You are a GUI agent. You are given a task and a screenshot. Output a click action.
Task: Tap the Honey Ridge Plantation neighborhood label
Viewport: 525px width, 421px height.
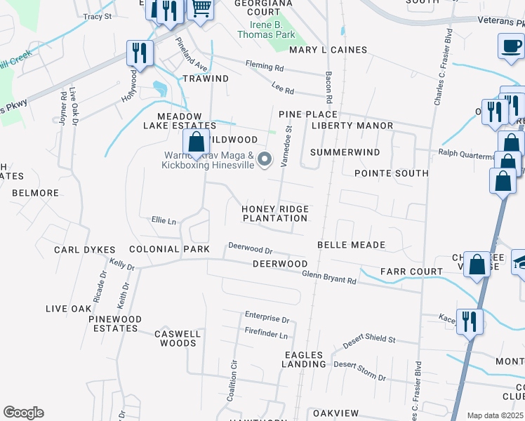coord(275,213)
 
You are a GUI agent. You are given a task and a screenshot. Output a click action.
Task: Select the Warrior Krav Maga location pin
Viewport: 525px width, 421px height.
coord(265,160)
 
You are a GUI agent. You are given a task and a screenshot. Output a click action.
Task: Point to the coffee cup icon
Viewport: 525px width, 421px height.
coord(510,47)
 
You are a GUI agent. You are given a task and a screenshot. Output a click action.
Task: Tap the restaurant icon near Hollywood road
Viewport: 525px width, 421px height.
coord(140,54)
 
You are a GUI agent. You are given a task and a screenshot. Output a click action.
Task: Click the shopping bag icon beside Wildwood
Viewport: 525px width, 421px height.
coord(197,142)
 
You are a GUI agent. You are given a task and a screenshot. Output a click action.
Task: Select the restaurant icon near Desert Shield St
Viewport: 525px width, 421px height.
coord(468,321)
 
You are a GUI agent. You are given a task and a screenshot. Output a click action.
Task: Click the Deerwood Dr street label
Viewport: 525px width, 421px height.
coord(250,247)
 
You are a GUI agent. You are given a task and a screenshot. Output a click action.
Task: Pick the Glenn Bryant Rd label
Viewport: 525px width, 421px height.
coord(329,277)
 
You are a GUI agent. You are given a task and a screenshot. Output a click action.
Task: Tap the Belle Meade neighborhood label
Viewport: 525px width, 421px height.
coord(351,245)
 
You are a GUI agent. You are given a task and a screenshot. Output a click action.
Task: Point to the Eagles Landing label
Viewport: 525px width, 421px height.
coord(304,359)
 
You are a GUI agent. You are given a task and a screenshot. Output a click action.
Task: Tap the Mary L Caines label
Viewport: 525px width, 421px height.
coord(328,50)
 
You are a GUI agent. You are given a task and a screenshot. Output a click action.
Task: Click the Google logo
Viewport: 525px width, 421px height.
coord(23,413)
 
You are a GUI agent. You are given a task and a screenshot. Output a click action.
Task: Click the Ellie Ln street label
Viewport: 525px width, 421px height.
coord(164,220)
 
